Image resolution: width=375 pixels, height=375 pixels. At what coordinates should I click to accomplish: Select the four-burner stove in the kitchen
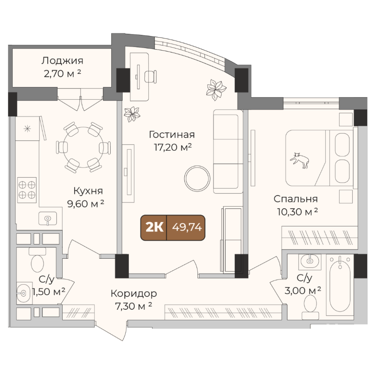coord(27,190)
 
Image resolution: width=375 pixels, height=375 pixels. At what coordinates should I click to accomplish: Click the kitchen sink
coord(48,219)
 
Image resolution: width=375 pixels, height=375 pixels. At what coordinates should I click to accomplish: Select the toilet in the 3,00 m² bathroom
coord(310,307)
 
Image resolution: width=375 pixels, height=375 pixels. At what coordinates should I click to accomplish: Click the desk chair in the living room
coord(151,76)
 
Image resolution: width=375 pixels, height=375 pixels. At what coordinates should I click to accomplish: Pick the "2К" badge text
coord(154,227)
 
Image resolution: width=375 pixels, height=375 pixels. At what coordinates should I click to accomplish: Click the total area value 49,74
coord(187,227)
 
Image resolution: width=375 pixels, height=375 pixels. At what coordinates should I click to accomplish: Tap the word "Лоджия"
coord(62,61)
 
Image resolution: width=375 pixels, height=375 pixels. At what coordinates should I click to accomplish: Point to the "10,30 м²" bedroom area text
coord(297,211)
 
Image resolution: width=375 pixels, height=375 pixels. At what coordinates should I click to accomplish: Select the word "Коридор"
coord(134,294)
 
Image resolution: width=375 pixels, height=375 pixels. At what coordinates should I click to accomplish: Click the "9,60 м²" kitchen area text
coord(85,204)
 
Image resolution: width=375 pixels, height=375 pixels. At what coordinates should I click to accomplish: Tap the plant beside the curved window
coord(216,89)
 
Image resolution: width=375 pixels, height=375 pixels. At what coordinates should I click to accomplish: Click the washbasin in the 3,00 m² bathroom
coord(310,261)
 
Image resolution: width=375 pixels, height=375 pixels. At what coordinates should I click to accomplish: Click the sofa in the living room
coord(228,151)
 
